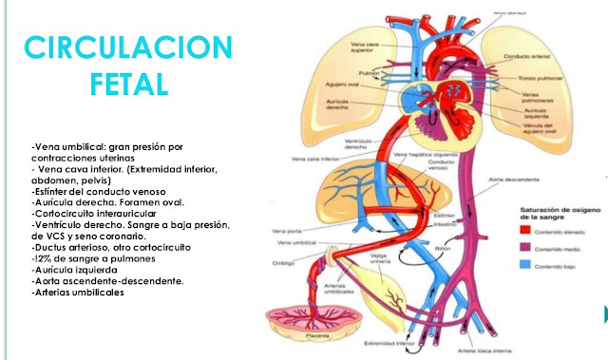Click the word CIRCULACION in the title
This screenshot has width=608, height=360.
(x=127, y=47)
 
